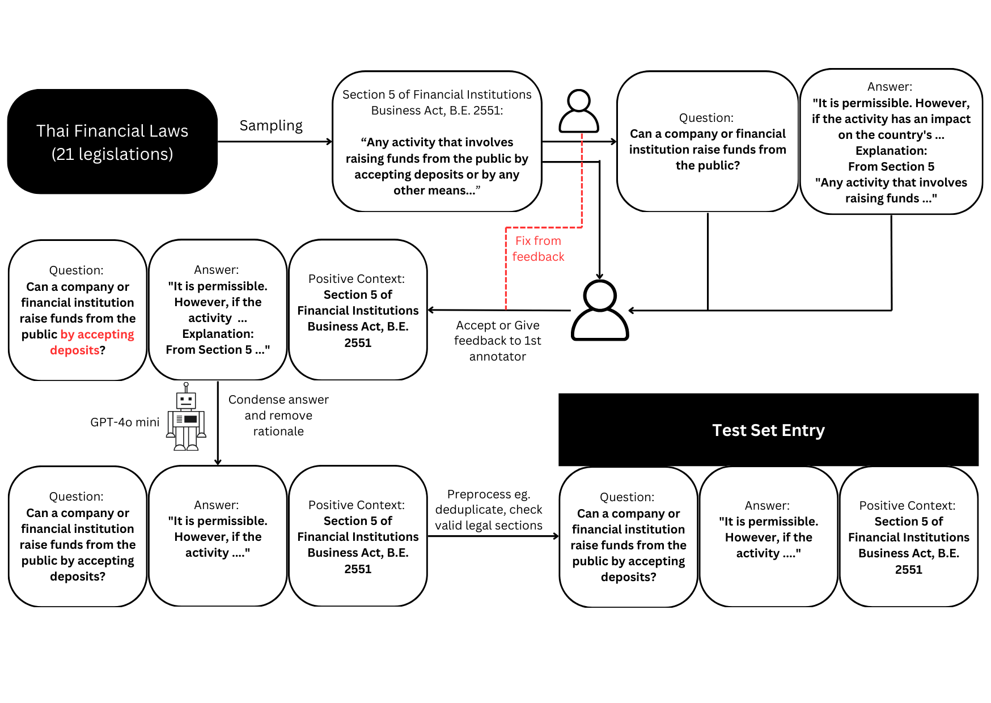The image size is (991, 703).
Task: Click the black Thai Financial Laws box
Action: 112,142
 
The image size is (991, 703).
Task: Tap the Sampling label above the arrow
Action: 271,126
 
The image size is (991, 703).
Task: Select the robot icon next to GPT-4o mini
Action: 186,418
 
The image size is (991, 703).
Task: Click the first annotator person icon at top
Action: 579,111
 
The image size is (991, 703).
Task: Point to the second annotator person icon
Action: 600,311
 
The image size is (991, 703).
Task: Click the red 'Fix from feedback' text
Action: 538,249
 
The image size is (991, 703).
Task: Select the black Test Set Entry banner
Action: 768,430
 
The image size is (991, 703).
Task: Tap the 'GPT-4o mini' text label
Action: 125,422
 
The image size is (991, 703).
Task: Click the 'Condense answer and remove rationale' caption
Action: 278,416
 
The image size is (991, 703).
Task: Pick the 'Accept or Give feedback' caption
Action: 497,341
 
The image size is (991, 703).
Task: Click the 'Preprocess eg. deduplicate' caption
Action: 488,510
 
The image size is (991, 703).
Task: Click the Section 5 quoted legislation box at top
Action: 437,142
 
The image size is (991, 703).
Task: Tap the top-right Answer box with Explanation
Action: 891,142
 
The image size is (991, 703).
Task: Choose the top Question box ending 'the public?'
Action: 708,142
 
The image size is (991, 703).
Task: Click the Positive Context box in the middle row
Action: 358,310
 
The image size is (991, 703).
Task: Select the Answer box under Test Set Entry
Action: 768,536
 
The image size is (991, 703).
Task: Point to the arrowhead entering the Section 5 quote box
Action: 329,142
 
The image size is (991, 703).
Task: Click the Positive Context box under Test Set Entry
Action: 908,536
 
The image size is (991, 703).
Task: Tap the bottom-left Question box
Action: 78,536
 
